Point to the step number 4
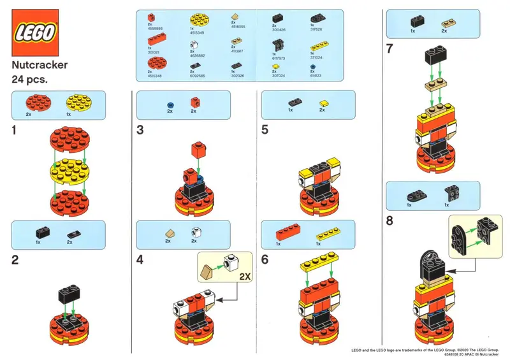click(x=141, y=260)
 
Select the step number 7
click(x=391, y=48)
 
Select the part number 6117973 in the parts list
click(x=279, y=58)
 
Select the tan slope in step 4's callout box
click(x=208, y=273)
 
